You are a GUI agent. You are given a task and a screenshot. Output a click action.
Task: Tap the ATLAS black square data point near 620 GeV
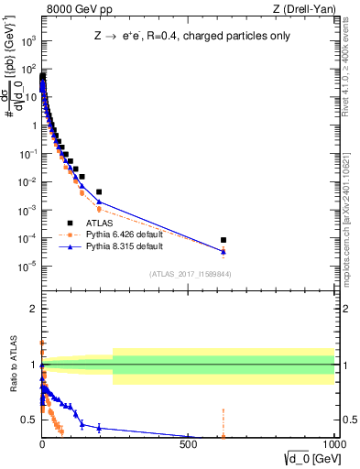[224, 240]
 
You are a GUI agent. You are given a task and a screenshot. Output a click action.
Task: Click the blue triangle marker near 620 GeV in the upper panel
[224, 251]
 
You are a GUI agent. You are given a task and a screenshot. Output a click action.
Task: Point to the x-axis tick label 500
[188, 443]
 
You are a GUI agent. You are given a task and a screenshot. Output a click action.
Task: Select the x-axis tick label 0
[42, 443]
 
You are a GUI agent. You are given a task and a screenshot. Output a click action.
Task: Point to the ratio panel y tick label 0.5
[28, 420]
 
